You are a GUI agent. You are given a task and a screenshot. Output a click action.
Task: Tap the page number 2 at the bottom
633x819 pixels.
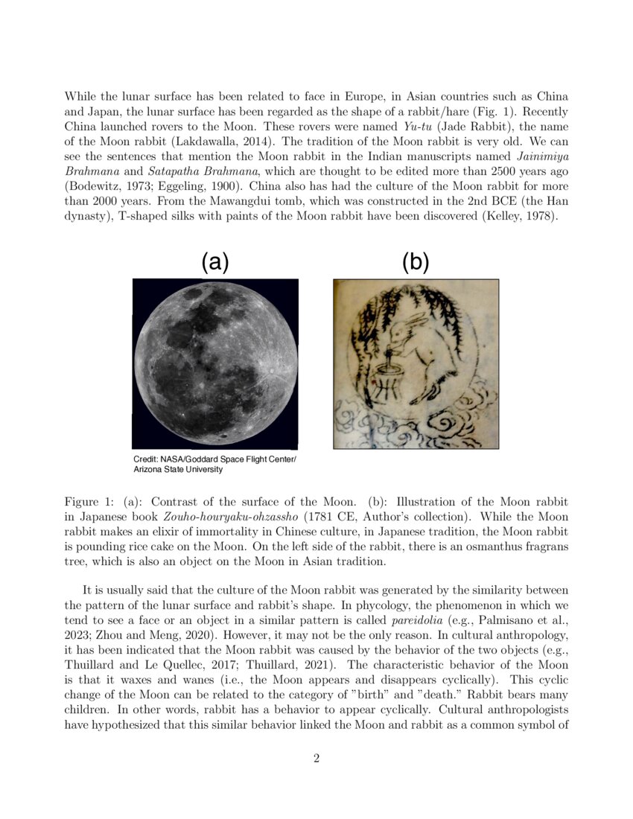point(316,759)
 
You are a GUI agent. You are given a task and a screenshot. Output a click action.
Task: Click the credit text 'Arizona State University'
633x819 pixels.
point(178,470)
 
